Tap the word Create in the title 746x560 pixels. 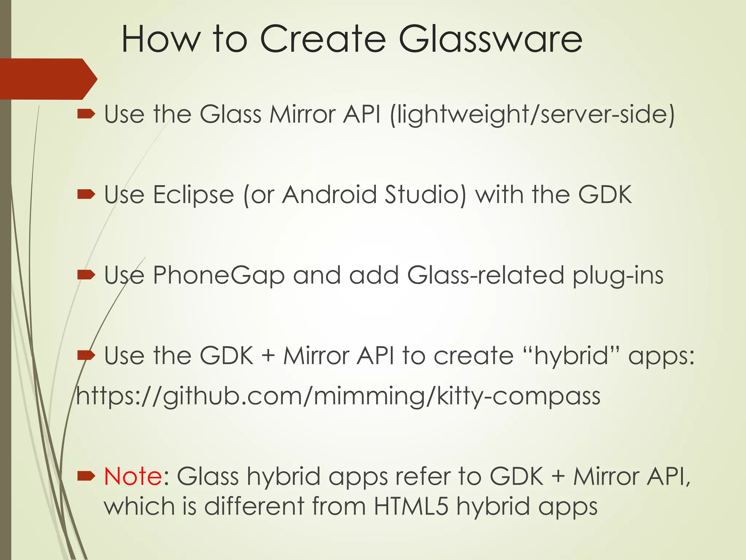click(x=323, y=39)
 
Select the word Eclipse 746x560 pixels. click(x=193, y=195)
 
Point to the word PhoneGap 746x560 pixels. click(x=219, y=276)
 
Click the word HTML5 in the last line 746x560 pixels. click(x=411, y=506)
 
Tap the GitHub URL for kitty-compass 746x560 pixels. click(x=338, y=396)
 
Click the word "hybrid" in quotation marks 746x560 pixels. click(x=571, y=356)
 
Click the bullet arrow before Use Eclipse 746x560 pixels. click(x=86, y=195)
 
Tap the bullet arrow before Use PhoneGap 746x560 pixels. click(x=86, y=275)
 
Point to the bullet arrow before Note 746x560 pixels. click(x=86, y=476)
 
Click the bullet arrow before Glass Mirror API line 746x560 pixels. click(x=86, y=114)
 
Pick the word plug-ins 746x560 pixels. click(x=618, y=276)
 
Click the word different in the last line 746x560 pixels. click(x=254, y=506)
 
